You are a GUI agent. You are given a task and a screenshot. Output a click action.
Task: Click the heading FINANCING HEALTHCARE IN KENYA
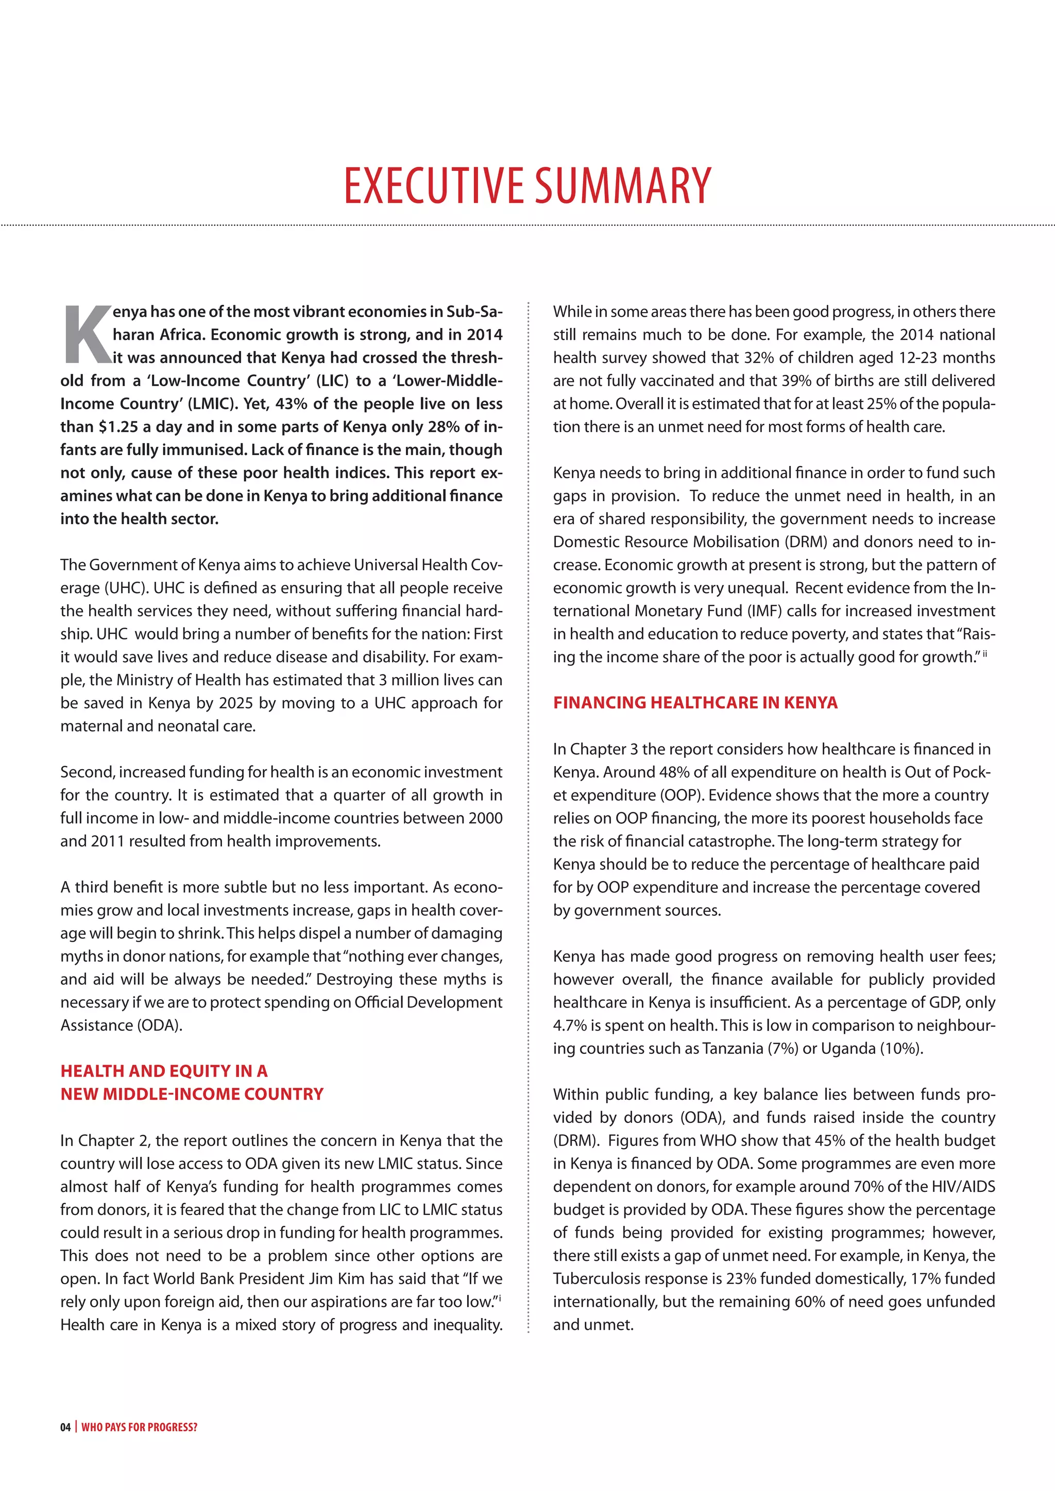[x=695, y=703]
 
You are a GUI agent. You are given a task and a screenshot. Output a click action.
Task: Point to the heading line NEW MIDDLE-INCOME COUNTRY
[x=192, y=1094]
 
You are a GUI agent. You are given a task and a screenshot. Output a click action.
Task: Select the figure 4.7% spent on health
[x=570, y=1026]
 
